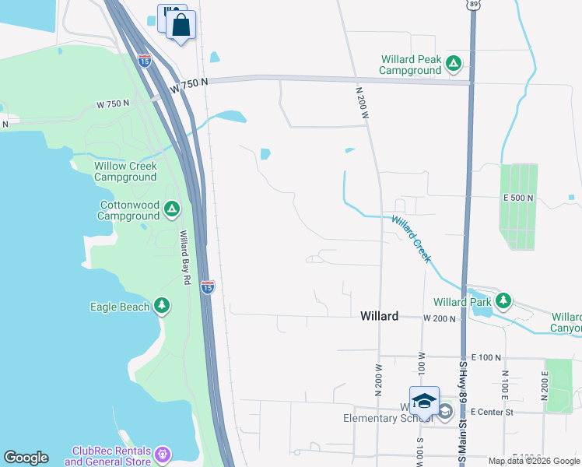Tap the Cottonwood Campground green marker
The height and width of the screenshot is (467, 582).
pos(172,209)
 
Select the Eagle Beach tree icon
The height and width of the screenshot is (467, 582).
pos(162,306)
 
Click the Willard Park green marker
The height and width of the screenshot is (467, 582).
pos(503,300)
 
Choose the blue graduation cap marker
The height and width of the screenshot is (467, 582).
pos(424,401)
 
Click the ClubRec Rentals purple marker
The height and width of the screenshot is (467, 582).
pos(162,453)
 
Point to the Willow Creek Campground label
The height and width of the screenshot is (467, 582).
pos(125,171)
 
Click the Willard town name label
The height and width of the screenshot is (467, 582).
pos(380,316)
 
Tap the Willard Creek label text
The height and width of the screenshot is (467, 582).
pos(411,237)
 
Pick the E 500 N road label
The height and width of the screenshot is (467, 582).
pos(518,198)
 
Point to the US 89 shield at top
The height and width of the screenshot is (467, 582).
pos(474,5)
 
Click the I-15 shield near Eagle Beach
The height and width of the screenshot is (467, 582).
pos(207,287)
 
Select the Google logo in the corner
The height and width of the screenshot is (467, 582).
pos(26,458)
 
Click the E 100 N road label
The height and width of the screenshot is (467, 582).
pos(487,356)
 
